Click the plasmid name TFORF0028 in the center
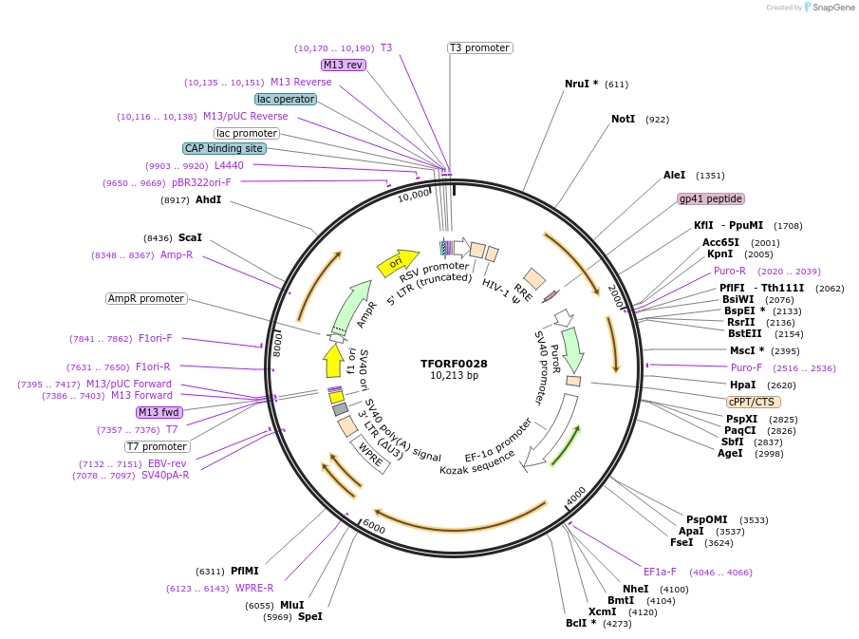454,364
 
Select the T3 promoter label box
479,47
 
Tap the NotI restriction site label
623,119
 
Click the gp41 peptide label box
711,198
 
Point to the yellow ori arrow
398,262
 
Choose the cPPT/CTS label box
754,402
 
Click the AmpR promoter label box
146,298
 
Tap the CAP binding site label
224,148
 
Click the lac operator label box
285,99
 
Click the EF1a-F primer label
660,572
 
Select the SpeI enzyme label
310,616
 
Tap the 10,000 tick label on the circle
414,197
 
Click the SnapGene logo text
830,8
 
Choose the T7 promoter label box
158,446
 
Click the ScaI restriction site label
190,237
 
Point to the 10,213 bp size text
454,376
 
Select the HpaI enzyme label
742,385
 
